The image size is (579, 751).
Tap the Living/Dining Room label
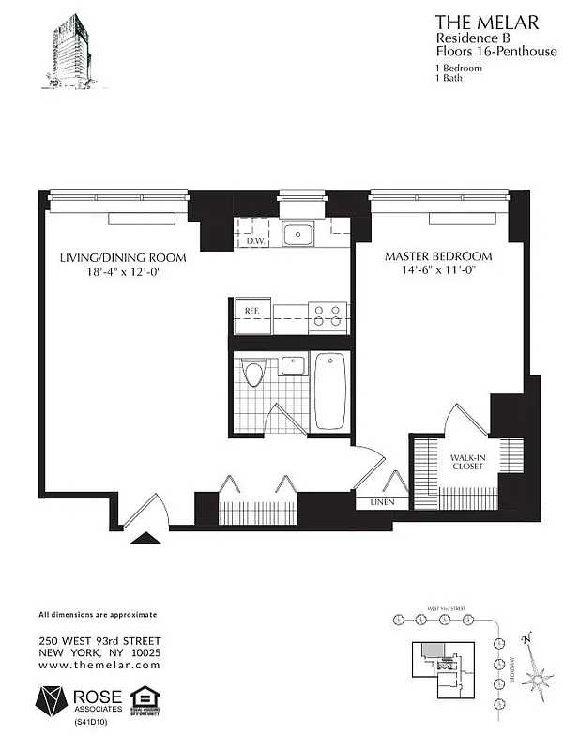[122, 257]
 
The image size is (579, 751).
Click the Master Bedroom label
[438, 255]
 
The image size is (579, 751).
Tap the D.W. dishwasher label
[254, 241]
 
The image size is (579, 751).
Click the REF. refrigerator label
[252, 311]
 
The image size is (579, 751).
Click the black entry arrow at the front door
[145, 539]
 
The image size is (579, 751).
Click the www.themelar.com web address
[99, 665]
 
